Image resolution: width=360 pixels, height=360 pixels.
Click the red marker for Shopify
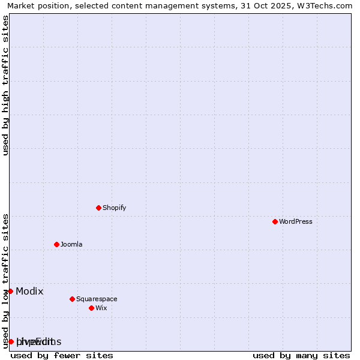(x=98, y=208)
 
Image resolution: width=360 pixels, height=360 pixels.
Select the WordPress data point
(x=275, y=221)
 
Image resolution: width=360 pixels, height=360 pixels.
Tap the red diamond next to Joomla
(x=56, y=244)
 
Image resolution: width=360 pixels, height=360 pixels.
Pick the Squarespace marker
(x=72, y=299)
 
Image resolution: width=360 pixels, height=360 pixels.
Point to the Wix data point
(x=91, y=308)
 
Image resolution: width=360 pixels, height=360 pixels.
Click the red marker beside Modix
(x=10, y=291)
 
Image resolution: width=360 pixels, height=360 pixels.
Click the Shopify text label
(x=114, y=208)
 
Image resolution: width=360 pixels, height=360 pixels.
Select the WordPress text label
(x=295, y=221)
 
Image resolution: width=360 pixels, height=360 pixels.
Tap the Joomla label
(x=71, y=244)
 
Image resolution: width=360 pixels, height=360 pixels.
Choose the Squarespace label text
(x=97, y=299)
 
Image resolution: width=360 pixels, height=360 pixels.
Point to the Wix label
(x=101, y=308)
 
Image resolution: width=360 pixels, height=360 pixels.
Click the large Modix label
(x=29, y=291)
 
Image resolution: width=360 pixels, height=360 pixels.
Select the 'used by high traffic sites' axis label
(x=6, y=85)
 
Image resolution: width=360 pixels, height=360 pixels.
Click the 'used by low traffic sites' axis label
(x=6, y=280)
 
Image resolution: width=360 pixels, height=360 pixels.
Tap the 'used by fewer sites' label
(x=62, y=355)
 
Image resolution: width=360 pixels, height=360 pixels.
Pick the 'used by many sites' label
(x=301, y=355)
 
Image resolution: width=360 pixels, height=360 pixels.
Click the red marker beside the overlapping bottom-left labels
(x=11, y=341)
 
